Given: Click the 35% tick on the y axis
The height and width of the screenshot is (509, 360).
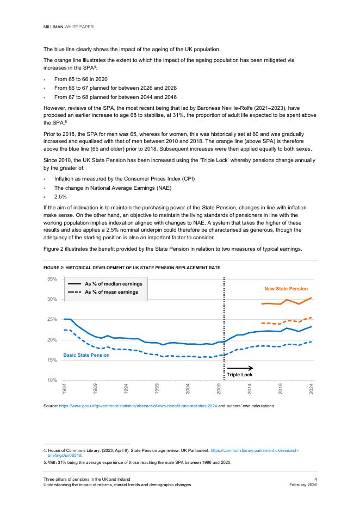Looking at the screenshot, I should (x=52, y=279).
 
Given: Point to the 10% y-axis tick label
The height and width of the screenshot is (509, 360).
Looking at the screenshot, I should (x=52, y=380).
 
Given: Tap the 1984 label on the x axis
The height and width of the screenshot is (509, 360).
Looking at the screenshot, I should (x=64, y=388).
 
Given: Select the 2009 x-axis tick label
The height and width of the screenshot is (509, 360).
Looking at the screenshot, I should (x=219, y=388).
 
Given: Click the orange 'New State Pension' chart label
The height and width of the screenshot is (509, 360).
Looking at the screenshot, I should (x=286, y=289).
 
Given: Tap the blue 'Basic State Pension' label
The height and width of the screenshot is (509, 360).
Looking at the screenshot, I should (x=86, y=355).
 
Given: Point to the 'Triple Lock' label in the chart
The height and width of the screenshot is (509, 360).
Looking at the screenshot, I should (x=240, y=375).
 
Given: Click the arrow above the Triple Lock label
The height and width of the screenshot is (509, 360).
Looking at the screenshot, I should (x=240, y=368).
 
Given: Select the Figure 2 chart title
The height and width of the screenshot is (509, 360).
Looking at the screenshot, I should (x=132, y=268).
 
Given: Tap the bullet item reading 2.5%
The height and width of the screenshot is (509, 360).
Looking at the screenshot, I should (x=61, y=196).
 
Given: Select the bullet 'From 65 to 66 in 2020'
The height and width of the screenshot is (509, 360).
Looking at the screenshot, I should (x=80, y=79).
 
